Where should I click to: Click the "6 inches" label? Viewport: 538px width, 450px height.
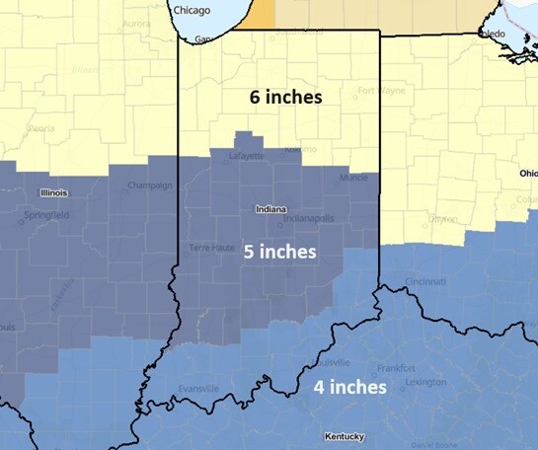(285, 99)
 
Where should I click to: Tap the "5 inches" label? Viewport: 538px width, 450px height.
(280, 252)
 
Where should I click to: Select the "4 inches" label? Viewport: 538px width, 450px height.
(349, 387)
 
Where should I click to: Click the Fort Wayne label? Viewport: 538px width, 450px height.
(381, 91)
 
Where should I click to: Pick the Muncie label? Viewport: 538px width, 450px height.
(352, 178)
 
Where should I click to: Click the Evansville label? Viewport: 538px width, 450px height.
(197, 389)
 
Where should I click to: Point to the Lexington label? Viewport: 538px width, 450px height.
(425, 382)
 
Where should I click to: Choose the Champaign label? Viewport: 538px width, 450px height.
(151, 185)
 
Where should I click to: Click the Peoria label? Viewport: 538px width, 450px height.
(40, 128)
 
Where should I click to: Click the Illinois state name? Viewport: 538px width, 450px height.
(53, 192)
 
